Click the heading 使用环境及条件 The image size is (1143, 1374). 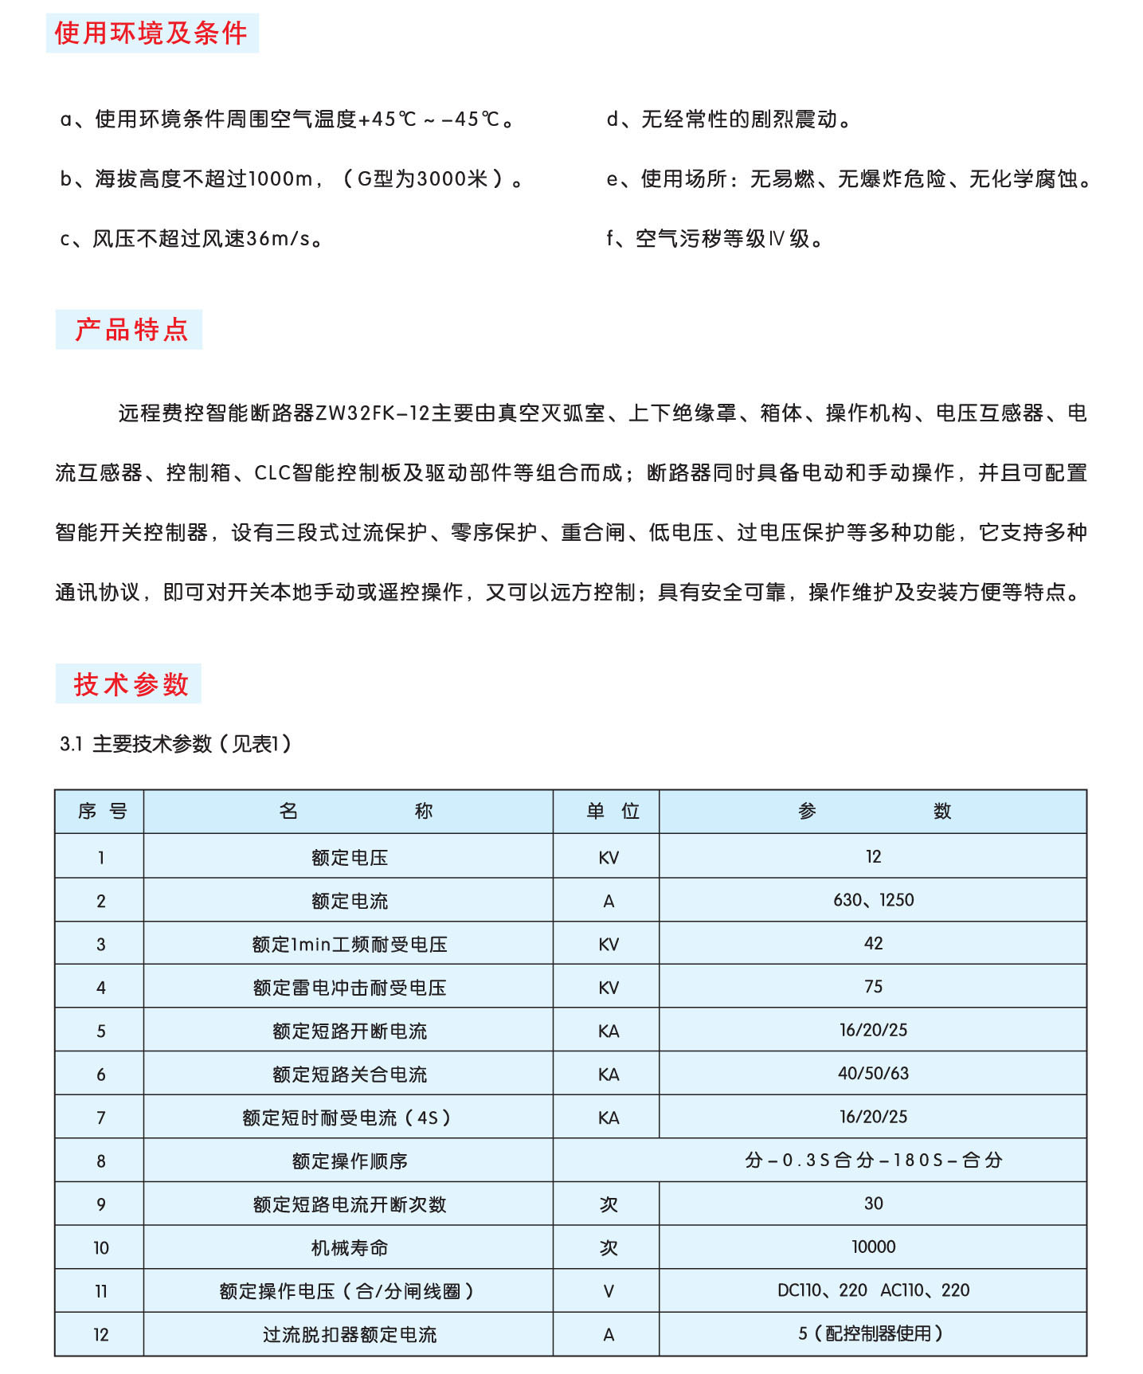coord(151,33)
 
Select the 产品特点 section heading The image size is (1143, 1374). coord(131,330)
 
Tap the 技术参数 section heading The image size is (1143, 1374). coord(131,684)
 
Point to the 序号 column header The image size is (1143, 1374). coord(101,812)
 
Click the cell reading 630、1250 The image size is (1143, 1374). coord(873,900)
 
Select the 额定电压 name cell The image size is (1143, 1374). coord(349,858)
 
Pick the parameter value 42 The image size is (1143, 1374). coord(873,944)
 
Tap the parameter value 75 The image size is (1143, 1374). coord(873,987)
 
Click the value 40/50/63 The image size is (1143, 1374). coord(873,1074)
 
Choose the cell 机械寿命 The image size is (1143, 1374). coord(349,1248)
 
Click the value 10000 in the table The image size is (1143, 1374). coord(873,1247)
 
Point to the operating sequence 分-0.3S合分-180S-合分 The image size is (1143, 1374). coord(873,1161)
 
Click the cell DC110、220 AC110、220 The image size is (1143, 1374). coord(873,1290)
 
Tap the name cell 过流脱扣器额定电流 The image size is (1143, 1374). coord(349,1335)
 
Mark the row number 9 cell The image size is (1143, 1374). coord(101,1204)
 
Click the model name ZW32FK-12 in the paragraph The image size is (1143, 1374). coord(373,413)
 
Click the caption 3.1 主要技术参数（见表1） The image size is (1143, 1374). coord(176,744)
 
